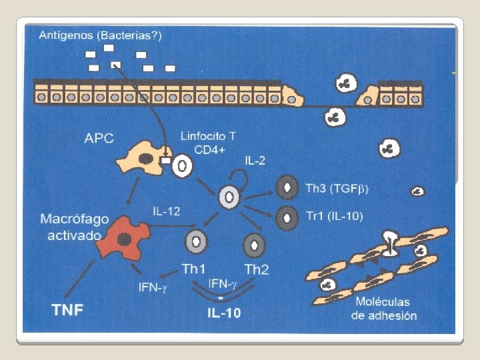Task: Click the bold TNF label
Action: (x=68, y=309)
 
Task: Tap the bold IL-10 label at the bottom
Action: (x=223, y=313)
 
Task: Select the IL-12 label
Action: (x=166, y=211)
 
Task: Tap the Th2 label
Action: (x=257, y=269)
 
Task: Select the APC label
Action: (x=99, y=139)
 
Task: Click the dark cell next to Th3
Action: (x=288, y=187)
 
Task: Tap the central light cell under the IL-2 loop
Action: (x=229, y=197)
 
